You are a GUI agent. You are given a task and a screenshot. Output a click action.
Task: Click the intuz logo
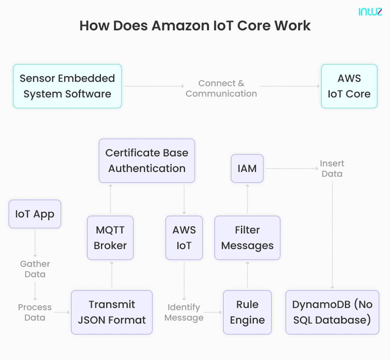pyautogui.click(x=370, y=12)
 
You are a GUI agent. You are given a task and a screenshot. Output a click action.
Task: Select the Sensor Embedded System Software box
pyautogui.click(x=67, y=86)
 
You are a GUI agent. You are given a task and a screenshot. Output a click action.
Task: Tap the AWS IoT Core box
pyautogui.click(x=349, y=86)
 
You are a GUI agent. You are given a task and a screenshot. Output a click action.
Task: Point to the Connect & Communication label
pyautogui.click(x=221, y=88)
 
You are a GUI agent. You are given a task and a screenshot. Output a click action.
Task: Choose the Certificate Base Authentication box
pyautogui.click(x=147, y=161)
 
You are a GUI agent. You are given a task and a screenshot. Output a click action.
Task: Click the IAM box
pyautogui.click(x=247, y=168)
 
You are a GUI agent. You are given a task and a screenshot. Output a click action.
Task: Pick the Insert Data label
pyautogui.click(x=332, y=168)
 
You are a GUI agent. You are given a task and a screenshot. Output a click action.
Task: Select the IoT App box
pyautogui.click(x=35, y=214)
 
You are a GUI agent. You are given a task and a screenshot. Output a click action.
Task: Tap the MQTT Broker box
pyautogui.click(x=110, y=238)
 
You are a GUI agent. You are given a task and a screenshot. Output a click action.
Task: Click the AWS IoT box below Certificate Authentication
pyautogui.click(x=184, y=238)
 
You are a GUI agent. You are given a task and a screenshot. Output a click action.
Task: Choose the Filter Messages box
pyautogui.click(x=247, y=238)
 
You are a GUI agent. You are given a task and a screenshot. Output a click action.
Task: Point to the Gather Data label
pyautogui.click(x=35, y=269)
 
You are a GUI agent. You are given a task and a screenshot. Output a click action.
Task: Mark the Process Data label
pyautogui.click(x=35, y=312)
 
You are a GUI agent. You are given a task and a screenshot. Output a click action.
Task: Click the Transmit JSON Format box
pyautogui.click(x=112, y=312)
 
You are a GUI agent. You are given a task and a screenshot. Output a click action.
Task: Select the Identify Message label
pyautogui.click(x=184, y=312)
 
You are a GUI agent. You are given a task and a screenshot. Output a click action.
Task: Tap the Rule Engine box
pyautogui.click(x=247, y=312)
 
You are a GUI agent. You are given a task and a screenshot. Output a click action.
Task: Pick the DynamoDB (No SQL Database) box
pyautogui.click(x=332, y=312)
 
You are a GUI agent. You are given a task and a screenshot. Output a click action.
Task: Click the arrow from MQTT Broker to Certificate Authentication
pyautogui.click(x=110, y=199)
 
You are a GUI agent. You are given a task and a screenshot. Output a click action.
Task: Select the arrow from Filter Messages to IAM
pyautogui.click(x=247, y=199)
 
